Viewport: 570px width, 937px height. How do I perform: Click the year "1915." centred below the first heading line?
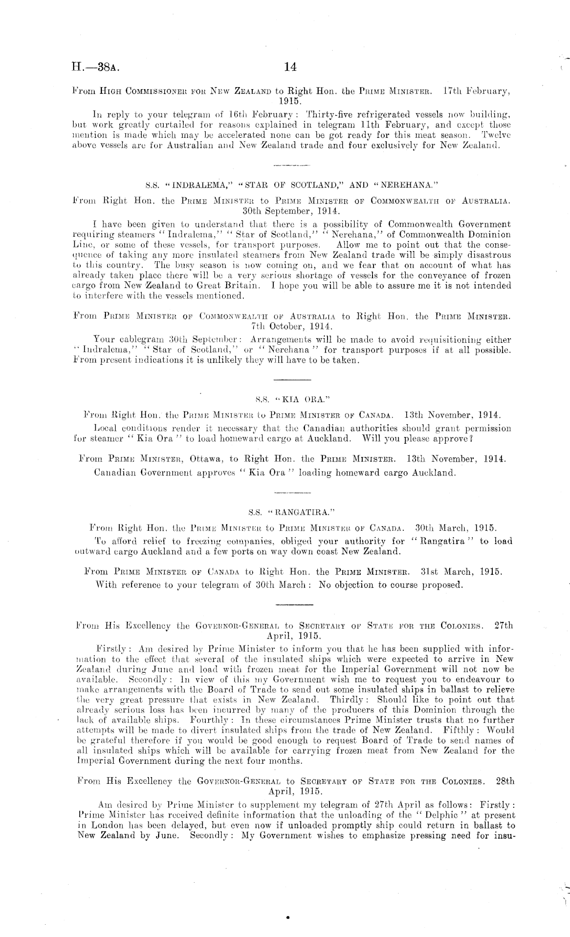(x=288, y=101)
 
